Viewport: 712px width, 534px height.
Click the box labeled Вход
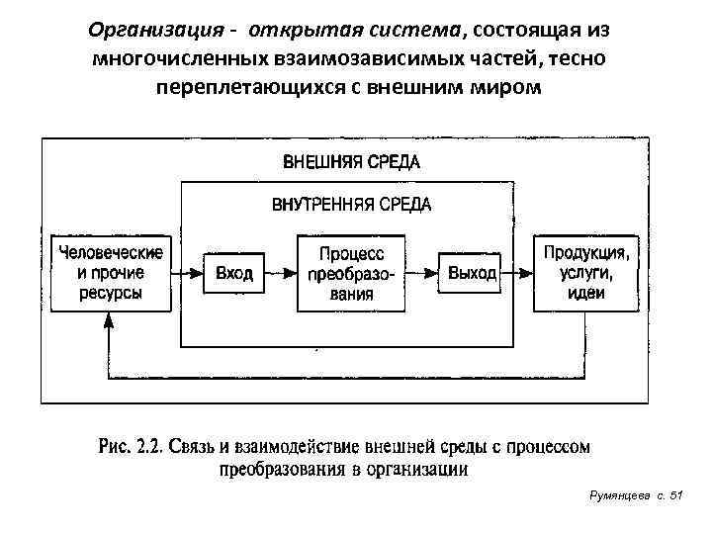click(234, 272)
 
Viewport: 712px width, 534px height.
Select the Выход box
click(471, 272)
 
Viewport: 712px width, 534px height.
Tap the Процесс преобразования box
click(352, 272)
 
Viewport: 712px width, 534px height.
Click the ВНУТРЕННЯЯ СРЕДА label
click(352, 205)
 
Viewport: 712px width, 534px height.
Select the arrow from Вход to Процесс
click(282, 272)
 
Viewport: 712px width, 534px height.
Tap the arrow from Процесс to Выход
click(423, 272)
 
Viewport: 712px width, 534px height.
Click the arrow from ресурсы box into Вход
click(185, 272)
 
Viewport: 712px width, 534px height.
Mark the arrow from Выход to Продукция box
click(517, 272)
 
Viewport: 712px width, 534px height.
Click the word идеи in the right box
click(586, 293)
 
